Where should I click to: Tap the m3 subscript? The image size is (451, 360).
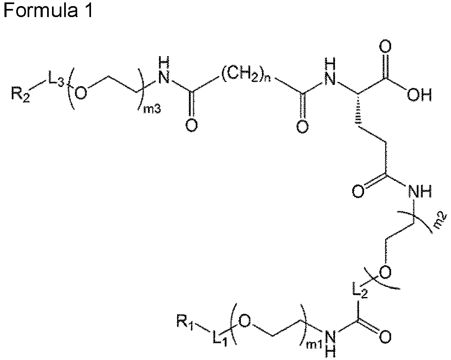152,109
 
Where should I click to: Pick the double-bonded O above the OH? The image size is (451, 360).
386,48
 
